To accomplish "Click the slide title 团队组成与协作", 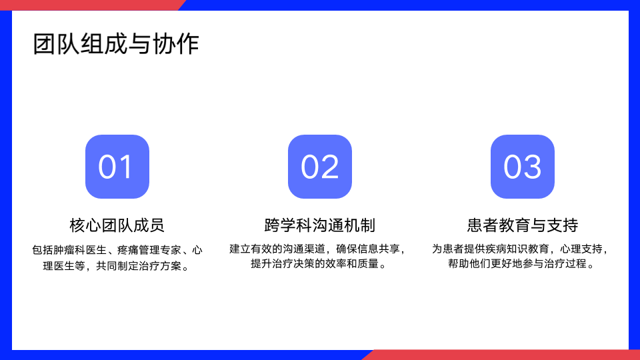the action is click(116, 44).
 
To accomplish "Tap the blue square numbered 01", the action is click(117, 167).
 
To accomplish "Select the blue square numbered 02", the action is click(320, 167).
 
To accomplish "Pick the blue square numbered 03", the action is click(523, 167).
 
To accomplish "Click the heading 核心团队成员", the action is click(117, 225).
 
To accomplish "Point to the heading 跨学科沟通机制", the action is click(320, 225).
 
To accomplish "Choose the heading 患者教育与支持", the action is click(523, 225).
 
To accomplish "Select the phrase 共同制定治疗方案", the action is click(139, 266).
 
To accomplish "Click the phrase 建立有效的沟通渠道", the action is click(277, 249).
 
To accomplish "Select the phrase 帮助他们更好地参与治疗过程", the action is click(517, 264).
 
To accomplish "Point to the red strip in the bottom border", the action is click(501, 355).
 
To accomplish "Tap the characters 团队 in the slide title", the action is click(56, 44).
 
